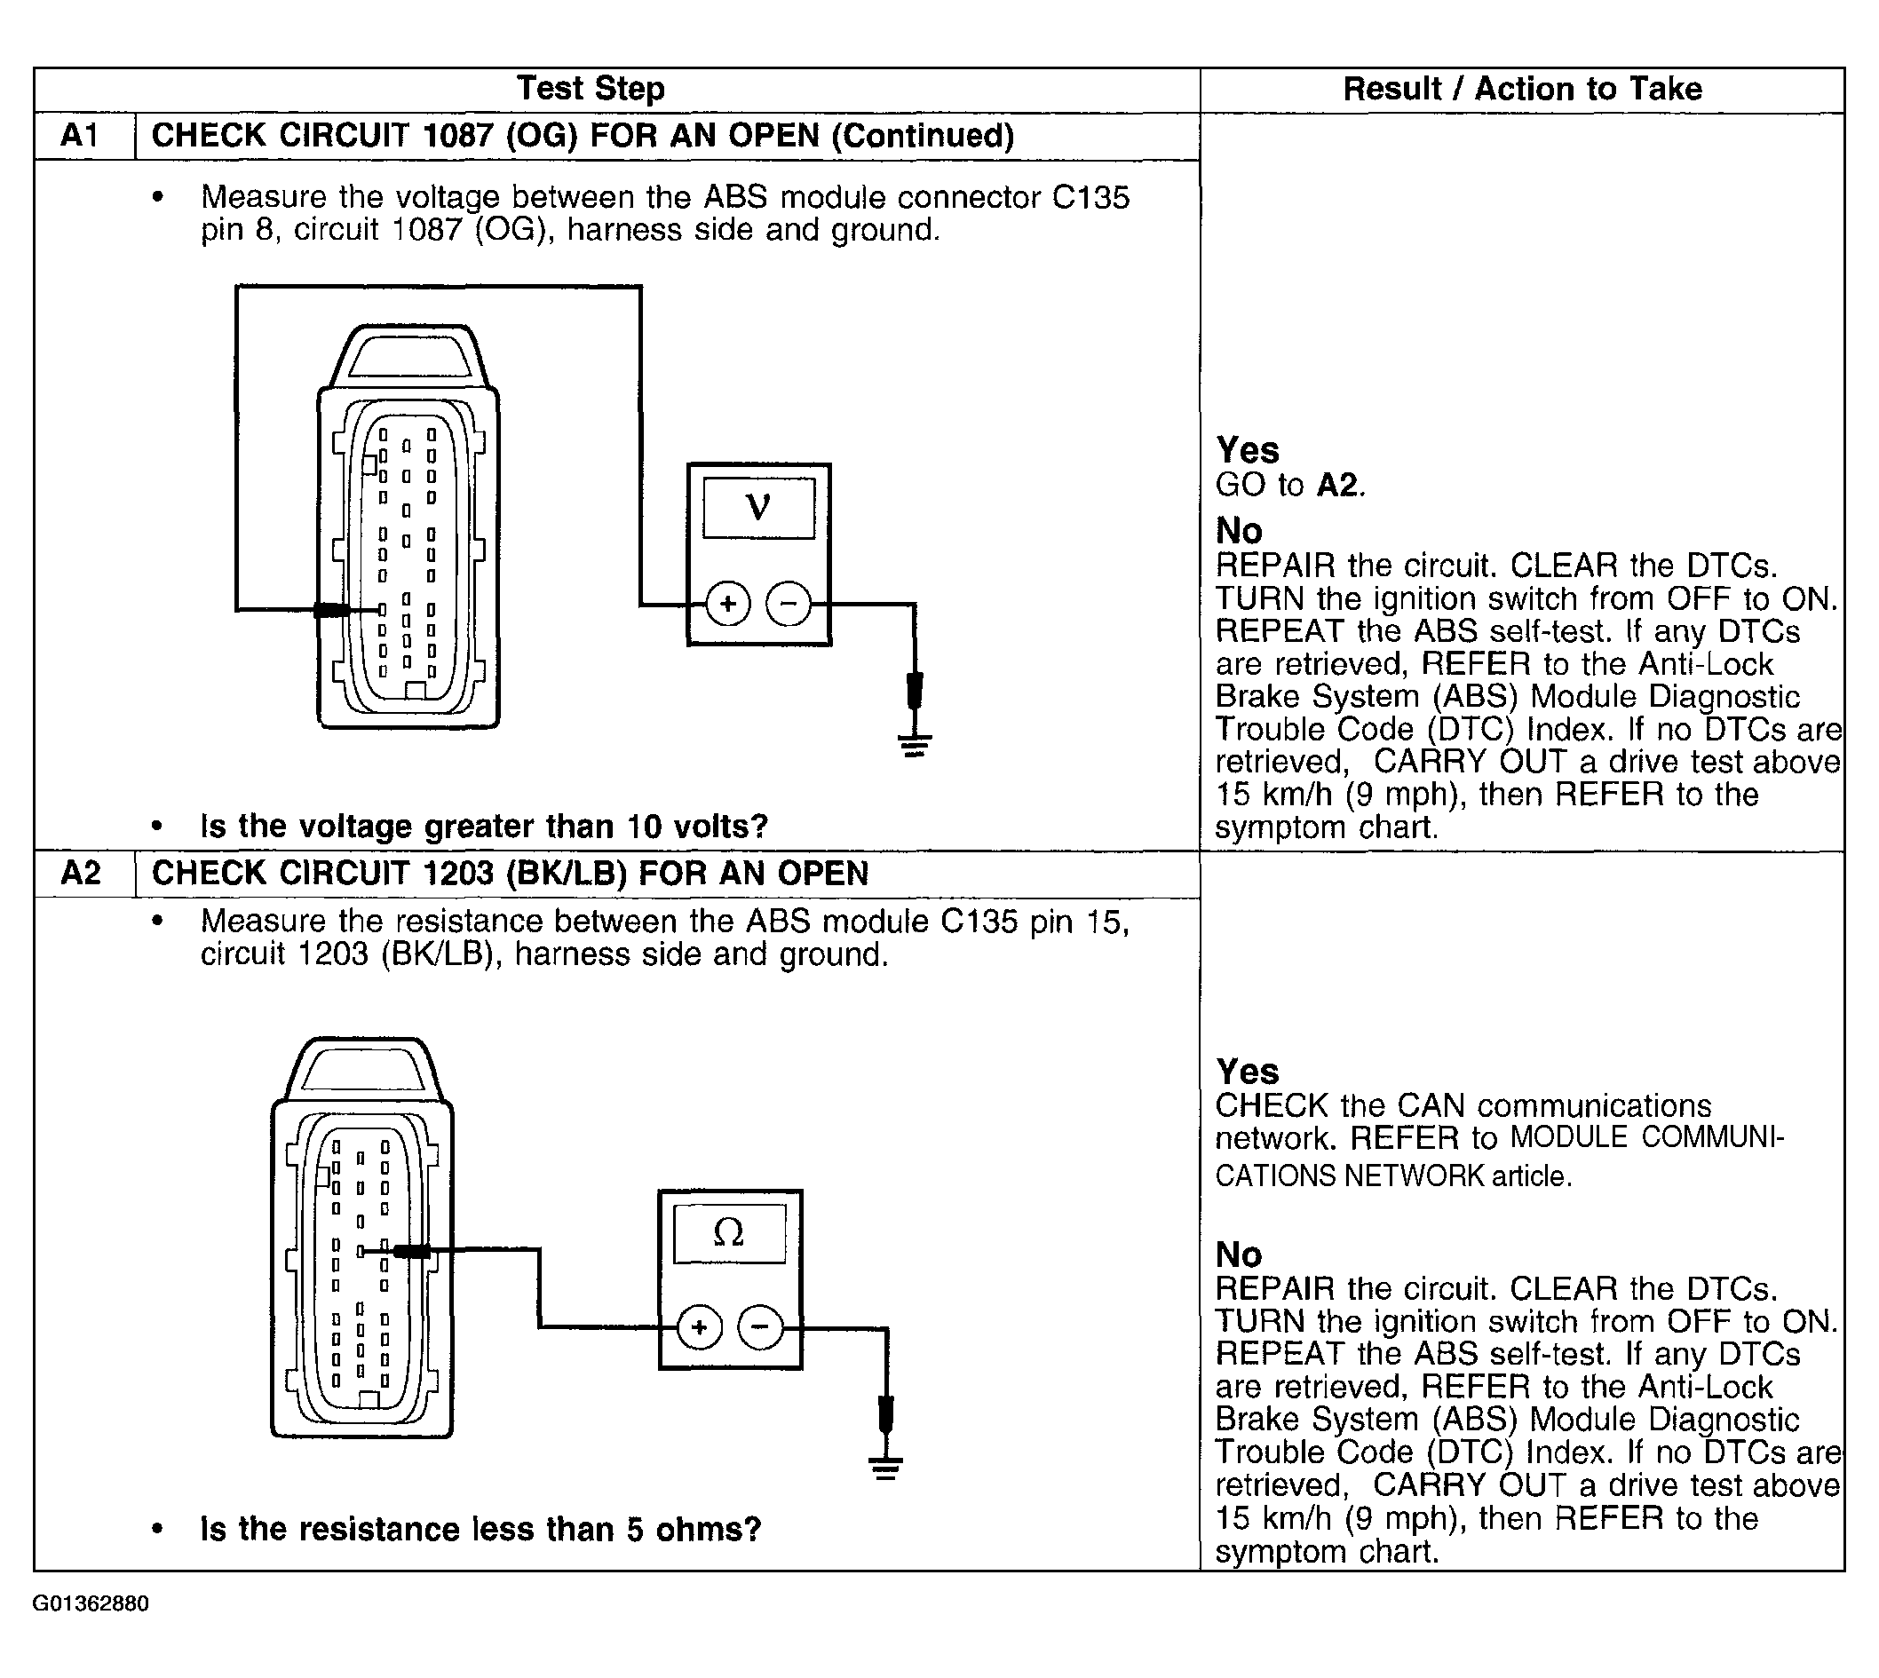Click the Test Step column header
click(x=590, y=89)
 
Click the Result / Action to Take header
click(x=1521, y=89)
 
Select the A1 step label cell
click(x=80, y=136)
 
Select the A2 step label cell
click(x=80, y=872)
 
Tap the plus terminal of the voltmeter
click(x=728, y=604)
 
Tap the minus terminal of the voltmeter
click(x=789, y=604)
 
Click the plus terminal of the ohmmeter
click(x=699, y=1327)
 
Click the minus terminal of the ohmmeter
click(x=760, y=1327)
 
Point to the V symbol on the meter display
click(x=757, y=507)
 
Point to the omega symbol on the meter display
click(x=728, y=1232)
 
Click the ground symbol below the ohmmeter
click(x=885, y=1467)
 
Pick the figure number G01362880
click(x=91, y=1603)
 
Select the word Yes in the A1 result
click(x=1248, y=450)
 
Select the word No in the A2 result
click(x=1238, y=1254)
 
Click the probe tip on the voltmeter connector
click(x=332, y=609)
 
